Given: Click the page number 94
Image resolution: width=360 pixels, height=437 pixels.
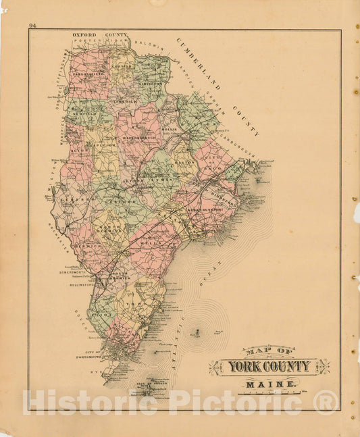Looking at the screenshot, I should (x=32, y=26).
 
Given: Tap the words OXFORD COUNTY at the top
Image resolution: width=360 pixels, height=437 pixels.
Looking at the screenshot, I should (x=94, y=34).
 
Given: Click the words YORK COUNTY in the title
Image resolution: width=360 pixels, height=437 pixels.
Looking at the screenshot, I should (x=269, y=367).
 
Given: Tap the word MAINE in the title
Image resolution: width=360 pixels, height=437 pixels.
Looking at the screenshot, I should (x=269, y=385).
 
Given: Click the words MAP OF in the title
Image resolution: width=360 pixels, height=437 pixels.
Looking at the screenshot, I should (x=269, y=351).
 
